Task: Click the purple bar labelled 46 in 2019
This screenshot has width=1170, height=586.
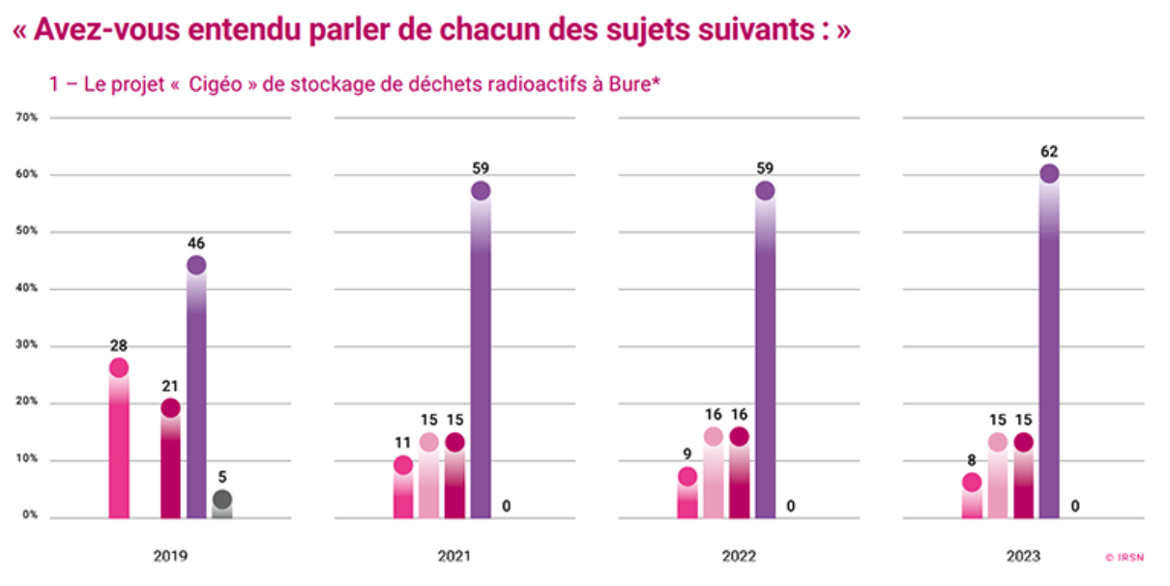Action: tap(196, 396)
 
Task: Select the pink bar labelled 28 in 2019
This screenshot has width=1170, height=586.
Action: tap(119, 445)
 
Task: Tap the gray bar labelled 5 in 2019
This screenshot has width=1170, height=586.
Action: tap(222, 507)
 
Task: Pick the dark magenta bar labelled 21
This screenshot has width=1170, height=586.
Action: tap(170, 464)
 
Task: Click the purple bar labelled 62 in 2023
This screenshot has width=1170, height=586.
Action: tap(1049, 348)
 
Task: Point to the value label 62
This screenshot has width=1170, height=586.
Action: tap(1049, 152)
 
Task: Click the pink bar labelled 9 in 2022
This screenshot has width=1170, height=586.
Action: tap(687, 497)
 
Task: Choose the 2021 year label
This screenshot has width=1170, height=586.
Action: tap(454, 556)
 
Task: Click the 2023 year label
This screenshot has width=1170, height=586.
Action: tap(1023, 556)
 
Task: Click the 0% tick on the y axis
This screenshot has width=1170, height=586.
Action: tap(29, 516)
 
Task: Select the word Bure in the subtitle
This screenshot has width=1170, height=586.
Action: tap(630, 85)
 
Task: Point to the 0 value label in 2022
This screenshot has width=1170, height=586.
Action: tap(791, 505)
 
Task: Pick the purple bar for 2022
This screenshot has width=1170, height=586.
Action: tap(765, 358)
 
